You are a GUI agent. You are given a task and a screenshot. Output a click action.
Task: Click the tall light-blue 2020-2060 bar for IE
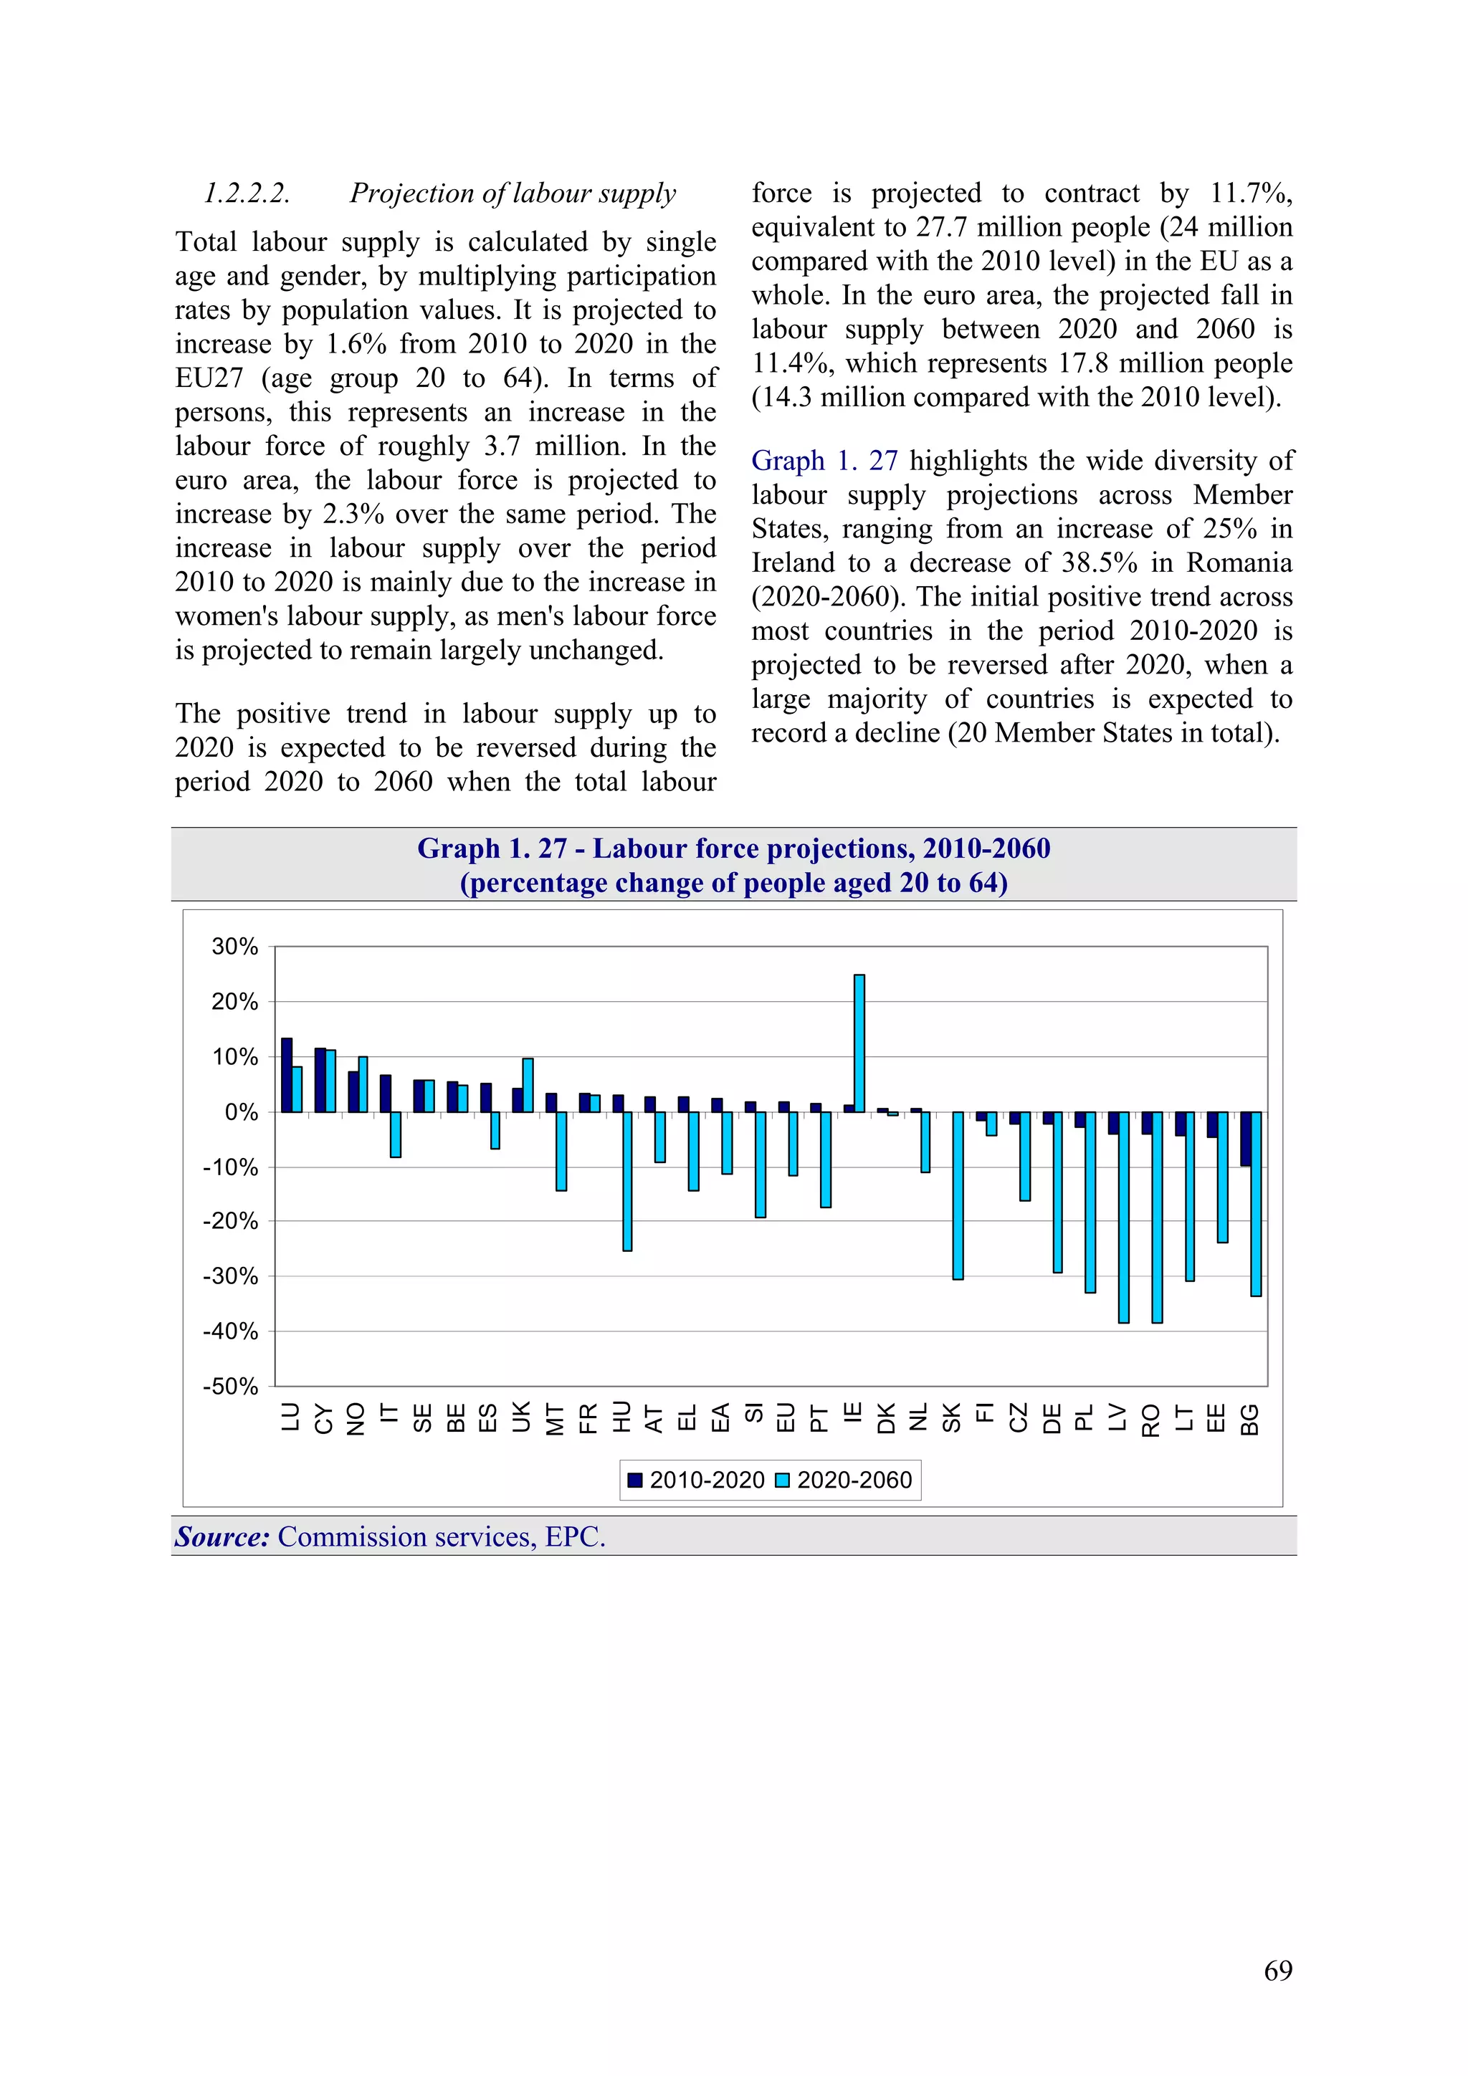[859, 1043]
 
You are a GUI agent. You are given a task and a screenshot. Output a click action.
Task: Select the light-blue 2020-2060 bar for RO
[1157, 1216]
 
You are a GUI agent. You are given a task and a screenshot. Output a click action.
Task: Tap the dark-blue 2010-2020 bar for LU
[287, 1074]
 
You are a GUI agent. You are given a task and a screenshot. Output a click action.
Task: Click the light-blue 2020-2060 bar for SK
[958, 1195]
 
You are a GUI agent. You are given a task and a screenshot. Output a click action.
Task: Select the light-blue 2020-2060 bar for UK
[528, 1084]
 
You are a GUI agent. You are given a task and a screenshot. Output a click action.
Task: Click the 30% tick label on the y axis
[234, 947]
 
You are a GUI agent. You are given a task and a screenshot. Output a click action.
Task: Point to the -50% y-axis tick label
[231, 1386]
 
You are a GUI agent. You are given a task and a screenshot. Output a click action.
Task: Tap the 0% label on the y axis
[242, 1112]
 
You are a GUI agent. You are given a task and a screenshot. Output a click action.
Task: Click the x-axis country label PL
[1085, 1417]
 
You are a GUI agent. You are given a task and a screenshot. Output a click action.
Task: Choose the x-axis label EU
[786, 1417]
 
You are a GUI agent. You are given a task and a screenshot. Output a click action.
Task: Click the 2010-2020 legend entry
[697, 1481]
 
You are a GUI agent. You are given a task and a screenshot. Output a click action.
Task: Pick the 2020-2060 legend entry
[845, 1481]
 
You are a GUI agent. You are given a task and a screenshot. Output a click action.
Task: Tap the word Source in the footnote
[221, 1536]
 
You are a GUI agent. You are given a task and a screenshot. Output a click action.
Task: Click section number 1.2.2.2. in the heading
[247, 193]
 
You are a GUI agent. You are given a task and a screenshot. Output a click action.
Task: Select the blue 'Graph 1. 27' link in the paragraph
[824, 461]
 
